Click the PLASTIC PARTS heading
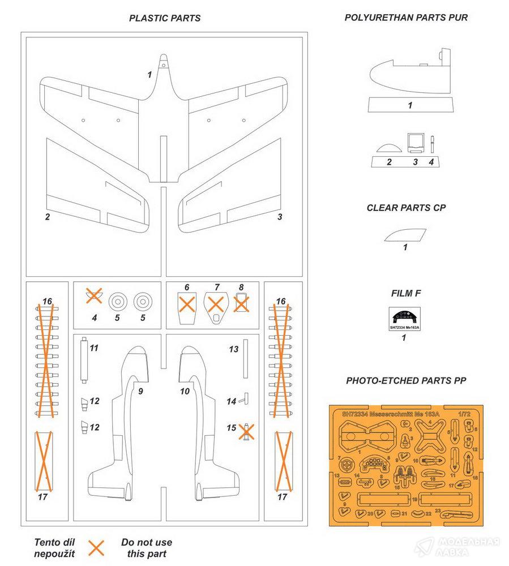pyautogui.click(x=165, y=18)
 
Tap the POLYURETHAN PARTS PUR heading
pyautogui.click(x=406, y=18)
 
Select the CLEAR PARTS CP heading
pyautogui.click(x=406, y=208)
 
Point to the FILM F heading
pyautogui.click(x=406, y=293)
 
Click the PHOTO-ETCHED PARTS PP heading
pyautogui.click(x=406, y=381)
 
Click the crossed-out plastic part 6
pyautogui.click(x=187, y=306)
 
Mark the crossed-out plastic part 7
pyautogui.click(x=215, y=306)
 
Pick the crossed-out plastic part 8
pyautogui.click(x=241, y=303)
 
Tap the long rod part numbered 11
pyautogui.click(x=84, y=362)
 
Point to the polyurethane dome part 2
pyautogui.click(x=388, y=147)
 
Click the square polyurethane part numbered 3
pyautogui.click(x=415, y=142)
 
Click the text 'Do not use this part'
pyautogui.click(x=147, y=548)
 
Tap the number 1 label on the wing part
pyautogui.click(x=149, y=75)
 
